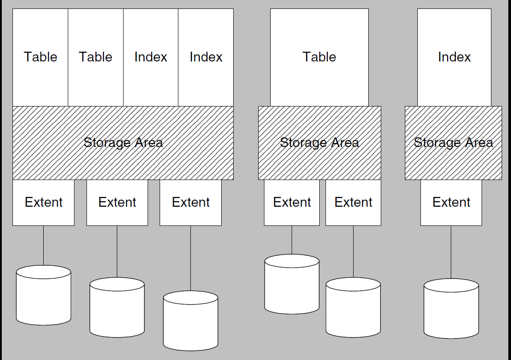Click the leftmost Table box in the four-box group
tap(40, 57)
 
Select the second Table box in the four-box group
tap(95, 57)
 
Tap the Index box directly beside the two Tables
tap(151, 57)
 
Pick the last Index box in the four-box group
tap(206, 57)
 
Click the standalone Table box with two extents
tap(319, 57)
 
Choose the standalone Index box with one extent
tap(454, 57)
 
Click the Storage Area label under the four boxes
tap(123, 143)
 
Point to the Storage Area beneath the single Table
tap(319, 143)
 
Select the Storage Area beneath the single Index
tap(453, 143)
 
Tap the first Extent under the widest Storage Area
tap(43, 202)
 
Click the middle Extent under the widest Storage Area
tap(117, 202)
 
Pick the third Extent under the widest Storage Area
tap(190, 202)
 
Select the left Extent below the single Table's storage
tap(292, 202)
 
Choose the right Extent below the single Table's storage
tap(353, 202)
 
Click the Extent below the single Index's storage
tap(451, 202)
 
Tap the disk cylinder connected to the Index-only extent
tap(451, 309)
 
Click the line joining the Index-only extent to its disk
tap(451, 252)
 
